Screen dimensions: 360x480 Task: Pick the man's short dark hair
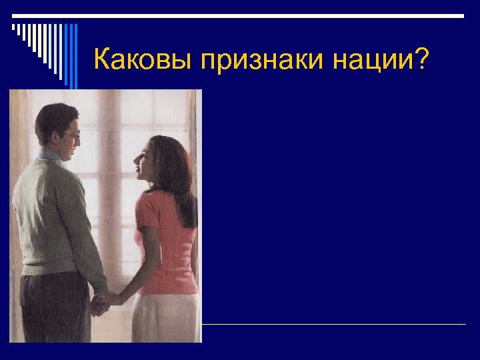[x=53, y=117]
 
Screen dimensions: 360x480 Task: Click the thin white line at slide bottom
[x=333, y=325]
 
